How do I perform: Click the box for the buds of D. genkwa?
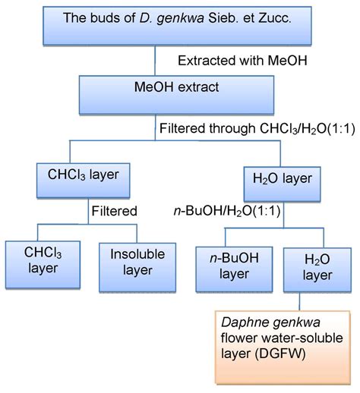[x=177, y=26]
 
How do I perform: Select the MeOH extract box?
[x=176, y=95]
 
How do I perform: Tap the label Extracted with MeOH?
[x=242, y=61]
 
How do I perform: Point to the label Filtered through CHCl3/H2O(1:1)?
[x=257, y=128]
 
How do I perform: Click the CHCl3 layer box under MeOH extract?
[x=84, y=181]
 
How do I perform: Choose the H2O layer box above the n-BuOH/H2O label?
[x=282, y=184]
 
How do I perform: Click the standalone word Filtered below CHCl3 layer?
[x=115, y=211]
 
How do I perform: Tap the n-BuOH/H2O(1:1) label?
[x=227, y=211]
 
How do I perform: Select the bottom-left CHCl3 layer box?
[x=43, y=265]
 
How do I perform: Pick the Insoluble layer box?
[x=137, y=268]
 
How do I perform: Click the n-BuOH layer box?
[x=234, y=269]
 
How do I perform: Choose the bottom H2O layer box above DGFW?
[x=317, y=270]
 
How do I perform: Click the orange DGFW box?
[x=283, y=347]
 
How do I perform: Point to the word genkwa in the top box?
[x=180, y=18]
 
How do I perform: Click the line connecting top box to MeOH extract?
[x=155, y=61]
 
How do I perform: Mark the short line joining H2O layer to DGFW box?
[x=299, y=302]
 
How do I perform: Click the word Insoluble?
[x=137, y=254]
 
